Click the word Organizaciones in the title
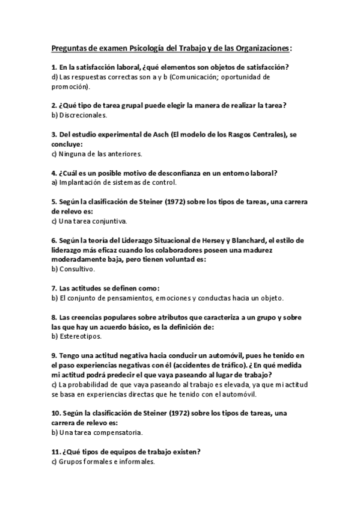point(260,48)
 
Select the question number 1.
point(53,68)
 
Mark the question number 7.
point(53,288)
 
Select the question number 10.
point(56,413)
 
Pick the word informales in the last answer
point(135,461)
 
